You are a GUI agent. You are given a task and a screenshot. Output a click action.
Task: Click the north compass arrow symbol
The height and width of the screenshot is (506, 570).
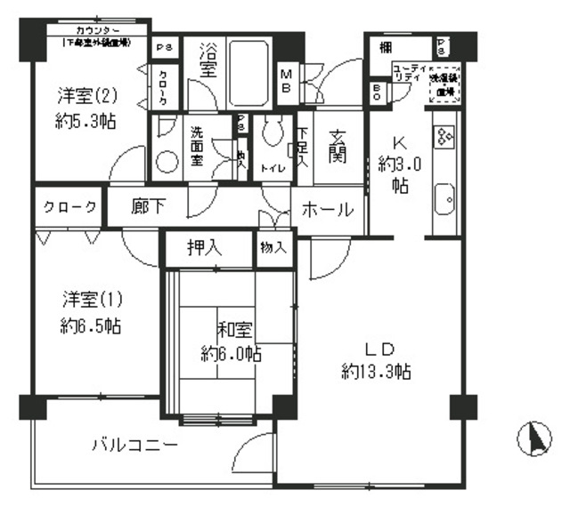(536, 438)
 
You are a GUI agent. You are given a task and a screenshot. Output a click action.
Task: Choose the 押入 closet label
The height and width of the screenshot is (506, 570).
(205, 248)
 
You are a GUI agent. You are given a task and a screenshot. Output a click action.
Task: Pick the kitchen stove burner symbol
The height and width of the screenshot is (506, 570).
(444, 134)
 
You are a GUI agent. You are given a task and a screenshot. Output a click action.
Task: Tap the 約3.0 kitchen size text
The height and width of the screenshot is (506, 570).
(398, 165)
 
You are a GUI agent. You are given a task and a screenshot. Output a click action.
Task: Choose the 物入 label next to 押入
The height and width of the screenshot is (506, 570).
(273, 248)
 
